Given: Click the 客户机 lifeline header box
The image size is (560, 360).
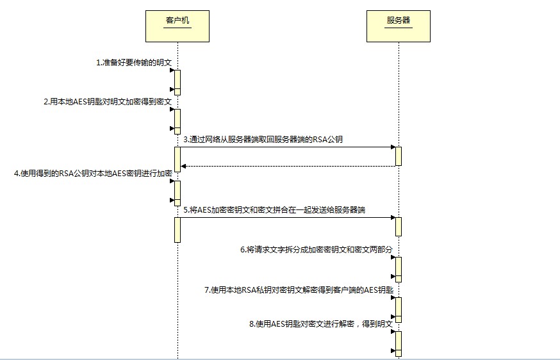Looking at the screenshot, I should pyautogui.click(x=177, y=26).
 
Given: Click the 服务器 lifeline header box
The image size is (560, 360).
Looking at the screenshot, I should pyautogui.click(x=398, y=26).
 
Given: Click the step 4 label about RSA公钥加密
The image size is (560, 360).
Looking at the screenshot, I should pyautogui.click(x=93, y=173).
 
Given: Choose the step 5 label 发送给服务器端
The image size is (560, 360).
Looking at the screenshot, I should pyautogui.click(x=274, y=210).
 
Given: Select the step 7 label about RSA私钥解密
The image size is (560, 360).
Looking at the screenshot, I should pyautogui.click(x=298, y=290).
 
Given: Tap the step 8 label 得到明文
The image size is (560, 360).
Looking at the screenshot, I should pyautogui.click(x=320, y=324).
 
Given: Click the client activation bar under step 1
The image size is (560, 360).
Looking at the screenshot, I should pyautogui.click(x=177, y=82).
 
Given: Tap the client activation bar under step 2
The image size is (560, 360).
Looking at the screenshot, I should pyautogui.click(x=177, y=121).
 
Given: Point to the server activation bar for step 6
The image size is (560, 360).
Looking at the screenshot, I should pyautogui.click(x=398, y=269).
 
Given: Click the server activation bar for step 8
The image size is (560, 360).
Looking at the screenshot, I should pyautogui.click(x=398, y=343).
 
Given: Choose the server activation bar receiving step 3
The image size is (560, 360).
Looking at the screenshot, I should pyautogui.click(x=398, y=156).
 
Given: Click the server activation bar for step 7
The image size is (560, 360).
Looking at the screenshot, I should pyautogui.click(x=398, y=309).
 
